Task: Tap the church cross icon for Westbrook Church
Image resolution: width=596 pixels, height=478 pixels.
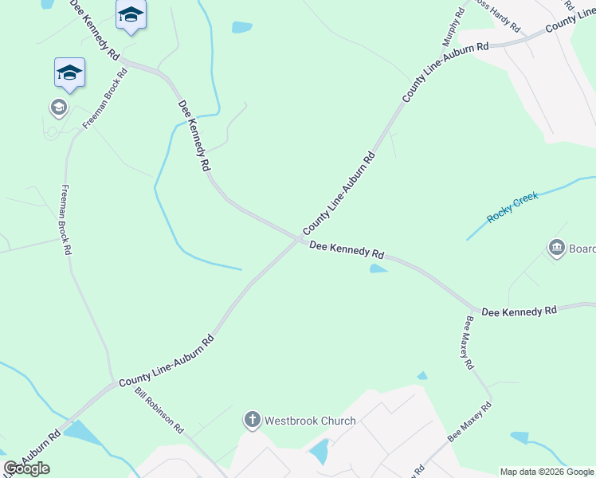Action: point(253,420)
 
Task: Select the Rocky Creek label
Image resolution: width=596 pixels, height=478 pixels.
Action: point(513,206)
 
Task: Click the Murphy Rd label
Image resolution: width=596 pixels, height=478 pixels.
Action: point(453,27)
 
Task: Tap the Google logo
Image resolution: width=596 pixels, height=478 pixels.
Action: point(26,468)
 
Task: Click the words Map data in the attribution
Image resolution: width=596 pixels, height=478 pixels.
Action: point(516,472)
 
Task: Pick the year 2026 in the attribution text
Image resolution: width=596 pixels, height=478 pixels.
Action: point(547,472)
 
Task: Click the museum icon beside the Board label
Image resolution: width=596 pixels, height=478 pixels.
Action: point(556,249)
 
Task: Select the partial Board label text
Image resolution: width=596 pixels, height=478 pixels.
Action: point(582,249)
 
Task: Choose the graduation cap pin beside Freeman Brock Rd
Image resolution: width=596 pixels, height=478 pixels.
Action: point(69,72)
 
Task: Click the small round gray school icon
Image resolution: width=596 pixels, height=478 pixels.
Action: point(57,107)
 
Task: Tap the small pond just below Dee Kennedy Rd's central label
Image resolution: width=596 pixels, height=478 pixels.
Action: point(378,269)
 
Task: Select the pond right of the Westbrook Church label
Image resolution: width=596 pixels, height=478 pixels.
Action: point(320,452)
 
